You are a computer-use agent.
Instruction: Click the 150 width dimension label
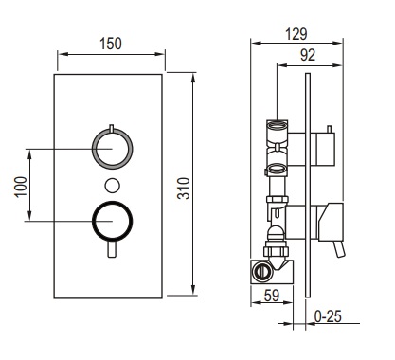pos(111,44)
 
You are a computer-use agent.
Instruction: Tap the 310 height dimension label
pos(184,189)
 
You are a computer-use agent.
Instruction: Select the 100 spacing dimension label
pos(21,187)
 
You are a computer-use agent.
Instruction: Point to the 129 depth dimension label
pos(296,34)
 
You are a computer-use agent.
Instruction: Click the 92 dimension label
pos(308,55)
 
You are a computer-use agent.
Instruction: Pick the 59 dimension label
pos(272,296)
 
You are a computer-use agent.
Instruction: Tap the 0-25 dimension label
pos(329,316)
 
